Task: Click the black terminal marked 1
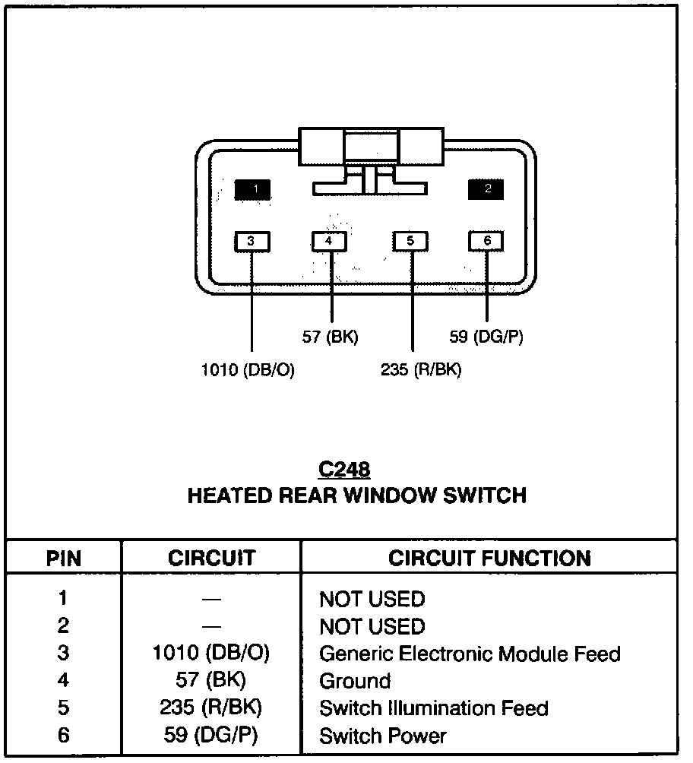252,188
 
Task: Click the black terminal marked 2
487,188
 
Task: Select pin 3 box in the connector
251,242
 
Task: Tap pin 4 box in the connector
329,242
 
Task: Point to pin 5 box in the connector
410,242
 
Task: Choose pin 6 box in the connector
487,242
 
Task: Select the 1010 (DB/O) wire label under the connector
247,371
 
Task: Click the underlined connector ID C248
344,470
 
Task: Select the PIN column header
64,559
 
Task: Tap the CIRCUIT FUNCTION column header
489,559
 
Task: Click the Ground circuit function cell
355,681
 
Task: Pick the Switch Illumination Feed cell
433,708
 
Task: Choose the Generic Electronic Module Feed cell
470,654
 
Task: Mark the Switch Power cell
383,736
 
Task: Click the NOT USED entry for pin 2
372,626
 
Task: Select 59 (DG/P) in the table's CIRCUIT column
211,736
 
